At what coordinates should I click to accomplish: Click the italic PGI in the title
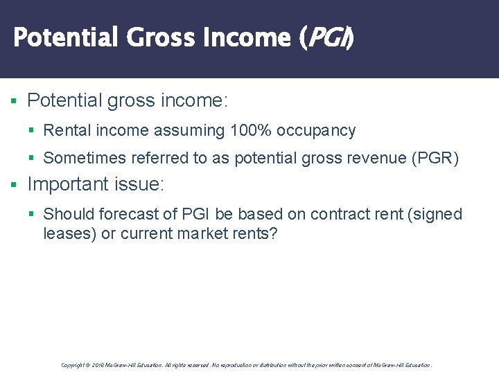(x=325, y=37)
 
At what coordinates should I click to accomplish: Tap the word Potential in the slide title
(x=67, y=37)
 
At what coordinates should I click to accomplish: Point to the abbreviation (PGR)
(x=435, y=158)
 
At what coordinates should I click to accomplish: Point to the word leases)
(x=69, y=233)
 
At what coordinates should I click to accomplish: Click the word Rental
(x=67, y=130)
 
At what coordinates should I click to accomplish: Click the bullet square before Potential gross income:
(x=14, y=101)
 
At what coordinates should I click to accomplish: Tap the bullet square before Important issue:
(x=14, y=185)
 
